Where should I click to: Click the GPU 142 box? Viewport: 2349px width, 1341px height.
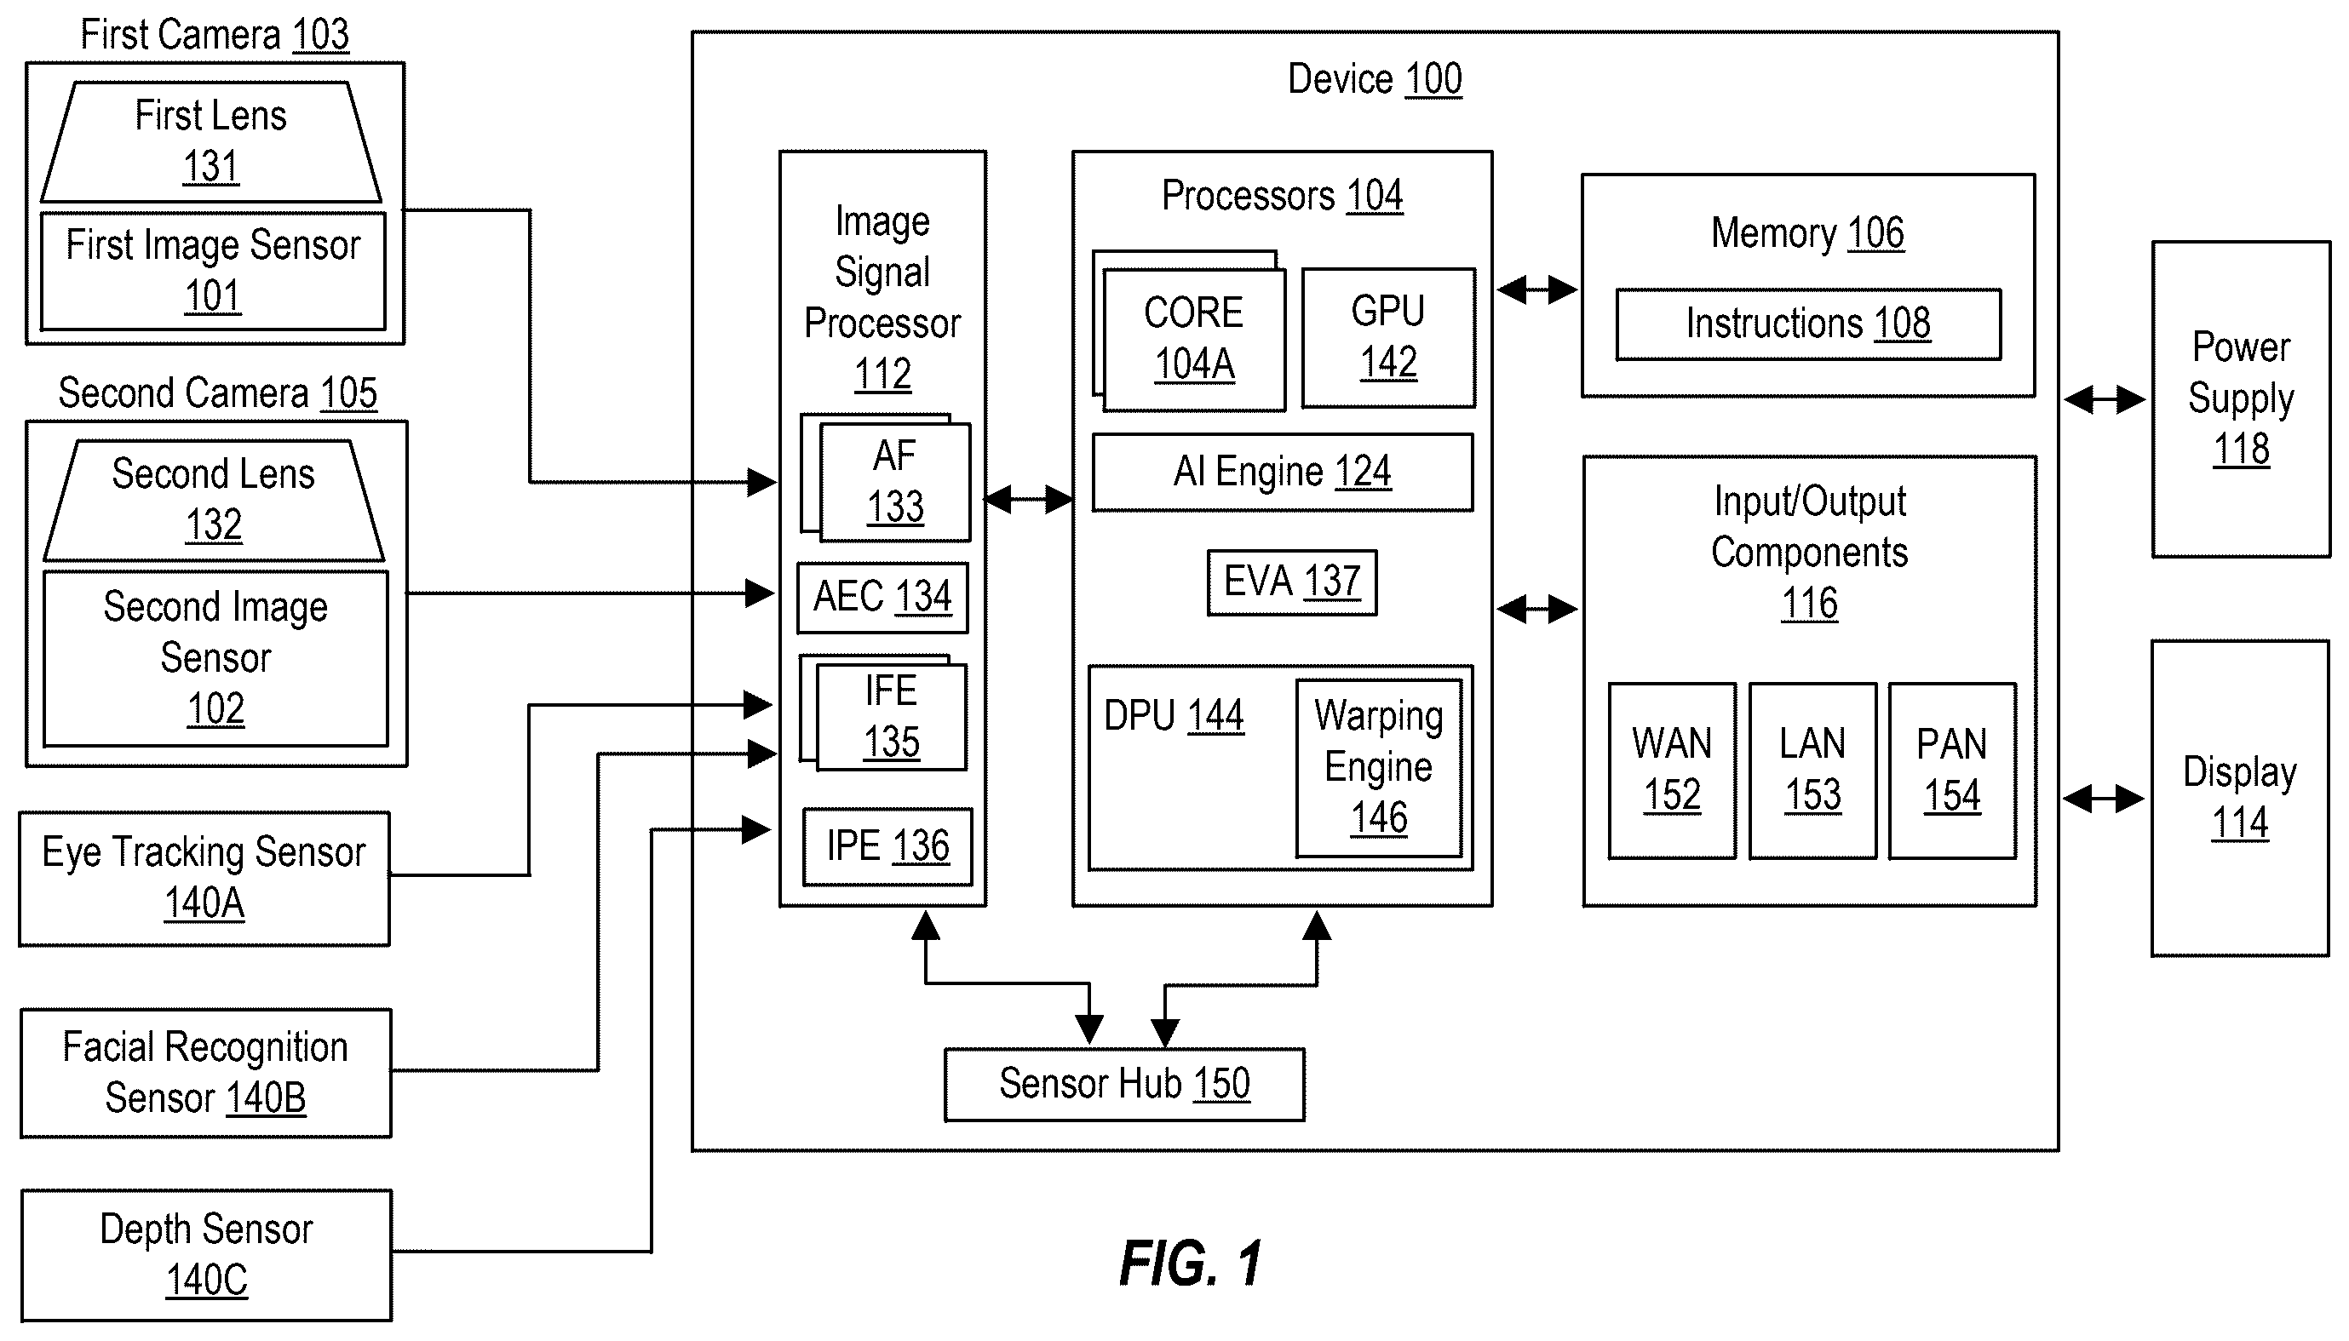pyautogui.click(x=1388, y=338)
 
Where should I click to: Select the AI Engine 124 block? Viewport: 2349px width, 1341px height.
pyautogui.click(x=1283, y=473)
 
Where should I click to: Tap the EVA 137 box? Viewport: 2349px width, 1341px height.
pyautogui.click(x=1291, y=582)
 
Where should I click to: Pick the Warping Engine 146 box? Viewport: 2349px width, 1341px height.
pyautogui.click(x=1379, y=768)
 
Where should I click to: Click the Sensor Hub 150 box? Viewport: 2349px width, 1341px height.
pyautogui.click(x=1125, y=1084)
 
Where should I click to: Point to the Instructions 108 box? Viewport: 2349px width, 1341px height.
pyautogui.click(x=1808, y=324)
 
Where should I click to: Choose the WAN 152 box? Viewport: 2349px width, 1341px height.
pyautogui.click(x=1672, y=771)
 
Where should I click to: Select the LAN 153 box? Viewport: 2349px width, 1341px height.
pyautogui.click(x=1813, y=771)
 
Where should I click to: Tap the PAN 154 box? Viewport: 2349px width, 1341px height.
pyautogui.click(x=1952, y=771)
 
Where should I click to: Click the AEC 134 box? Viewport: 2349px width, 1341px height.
pyautogui.click(x=882, y=598)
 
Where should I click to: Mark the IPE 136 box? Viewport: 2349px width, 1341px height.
pyautogui.click(x=887, y=846)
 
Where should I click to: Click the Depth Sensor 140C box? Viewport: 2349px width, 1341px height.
pyautogui.click(x=206, y=1255)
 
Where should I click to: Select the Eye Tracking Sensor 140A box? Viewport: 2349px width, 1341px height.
pyautogui.click(x=204, y=879)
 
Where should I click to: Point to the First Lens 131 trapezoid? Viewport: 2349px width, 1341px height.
pyautogui.click(x=211, y=142)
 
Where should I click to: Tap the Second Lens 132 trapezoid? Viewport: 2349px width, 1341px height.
pyautogui.click(x=214, y=500)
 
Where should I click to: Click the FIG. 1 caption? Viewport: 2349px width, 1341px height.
pyautogui.click(x=1190, y=1264)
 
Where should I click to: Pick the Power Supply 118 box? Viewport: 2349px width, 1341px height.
pyautogui.click(x=2241, y=399)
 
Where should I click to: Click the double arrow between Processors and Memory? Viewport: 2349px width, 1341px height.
pyautogui.click(x=1536, y=290)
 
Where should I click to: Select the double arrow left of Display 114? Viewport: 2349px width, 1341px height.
pyautogui.click(x=2103, y=799)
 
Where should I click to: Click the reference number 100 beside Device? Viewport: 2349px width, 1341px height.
pyautogui.click(x=1433, y=80)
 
